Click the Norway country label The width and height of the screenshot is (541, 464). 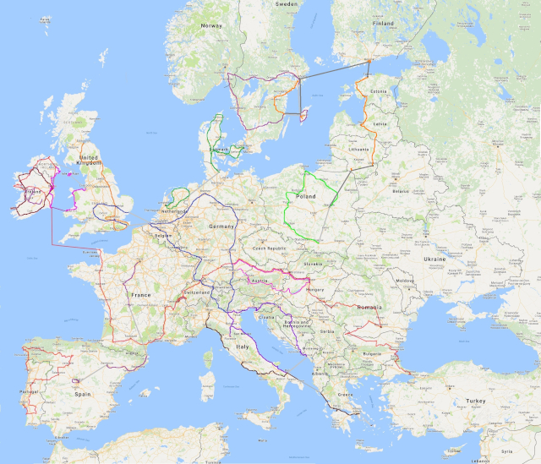pos(210,25)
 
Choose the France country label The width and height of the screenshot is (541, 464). pos(140,294)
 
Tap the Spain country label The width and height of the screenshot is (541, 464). pos(82,394)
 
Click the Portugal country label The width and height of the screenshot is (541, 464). pos(31,391)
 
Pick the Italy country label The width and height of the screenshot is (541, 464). pos(243,347)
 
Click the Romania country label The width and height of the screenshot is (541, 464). pos(369,306)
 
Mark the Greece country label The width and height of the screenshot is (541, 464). pos(346,394)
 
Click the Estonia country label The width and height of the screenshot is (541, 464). pos(377,90)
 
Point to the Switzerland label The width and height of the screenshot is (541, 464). pos(198,292)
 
